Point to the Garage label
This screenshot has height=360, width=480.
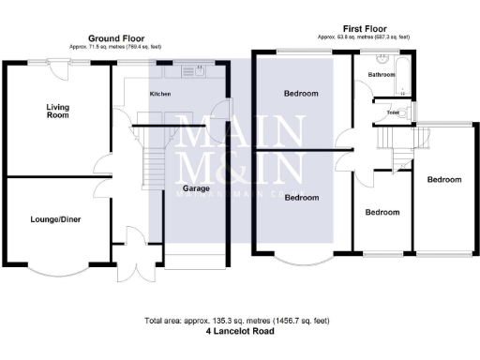(x=195, y=187)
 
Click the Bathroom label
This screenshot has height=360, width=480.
(x=381, y=73)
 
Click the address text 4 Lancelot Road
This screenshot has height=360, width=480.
(x=237, y=331)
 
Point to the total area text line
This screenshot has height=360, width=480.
(x=237, y=321)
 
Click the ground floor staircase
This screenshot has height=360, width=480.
(x=151, y=169)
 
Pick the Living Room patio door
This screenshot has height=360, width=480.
(x=62, y=62)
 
